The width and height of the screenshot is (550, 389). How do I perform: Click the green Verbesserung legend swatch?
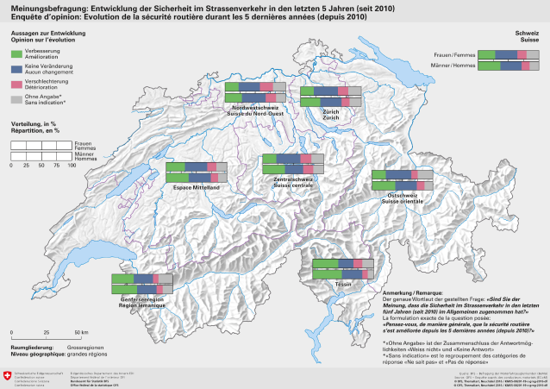pos(16,53)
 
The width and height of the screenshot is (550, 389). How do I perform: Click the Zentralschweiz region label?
pos(292,179)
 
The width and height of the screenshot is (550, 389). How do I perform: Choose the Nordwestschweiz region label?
pos(255,107)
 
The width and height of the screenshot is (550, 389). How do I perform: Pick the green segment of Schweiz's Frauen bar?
pos(487,54)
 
